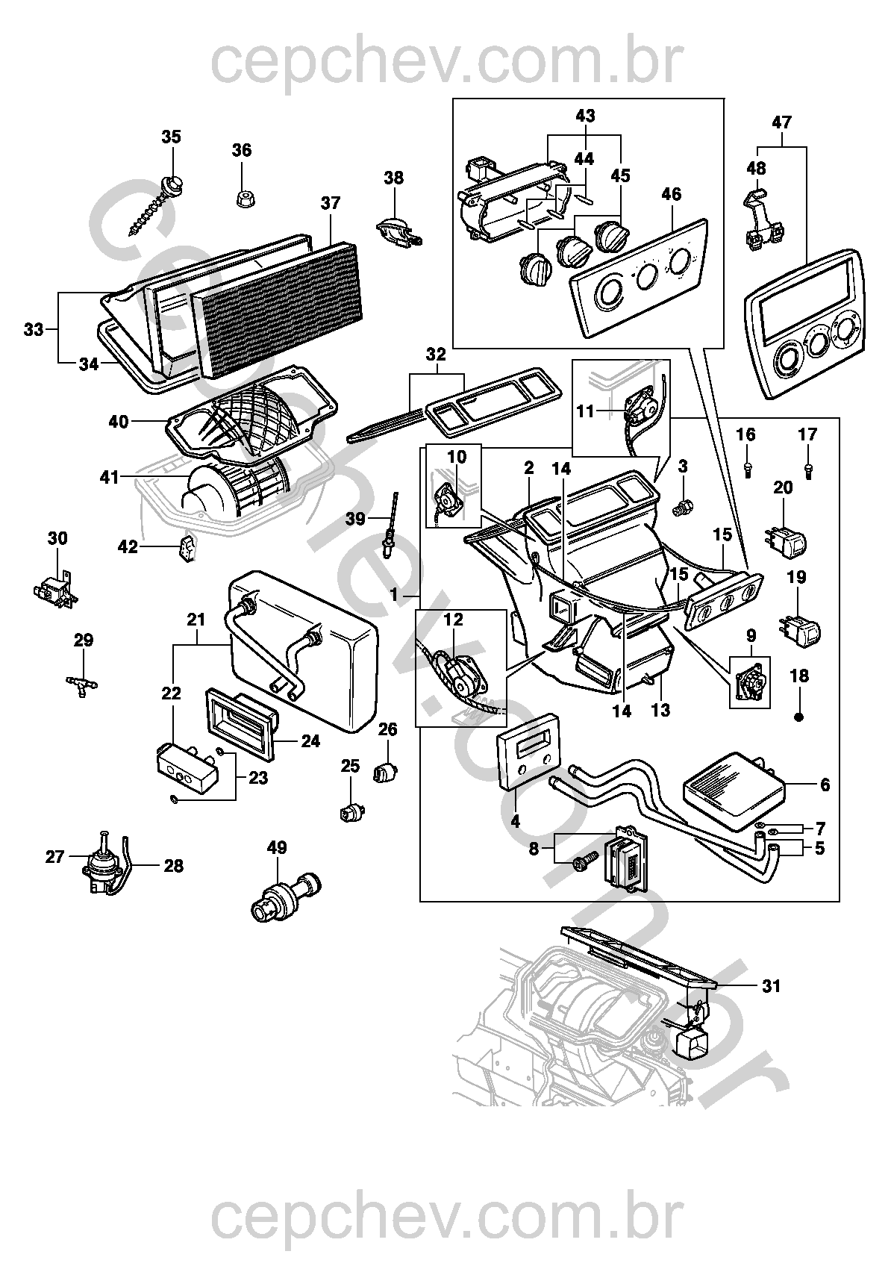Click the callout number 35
click(x=172, y=137)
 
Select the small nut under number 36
click(x=242, y=198)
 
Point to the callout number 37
click(x=331, y=202)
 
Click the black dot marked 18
click(x=799, y=717)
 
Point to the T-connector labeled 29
click(x=82, y=684)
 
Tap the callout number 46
click(x=671, y=195)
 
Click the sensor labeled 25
click(x=349, y=812)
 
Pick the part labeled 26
click(x=385, y=771)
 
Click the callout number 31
click(x=771, y=986)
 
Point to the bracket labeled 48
click(x=762, y=220)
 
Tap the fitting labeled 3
click(x=681, y=509)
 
